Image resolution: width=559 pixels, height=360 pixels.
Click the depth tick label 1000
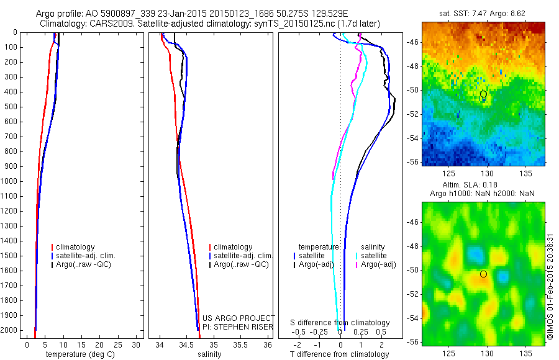(x=9, y=181)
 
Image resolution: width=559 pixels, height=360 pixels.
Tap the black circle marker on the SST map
(x=484, y=94)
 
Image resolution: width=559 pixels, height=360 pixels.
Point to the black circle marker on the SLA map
(x=484, y=274)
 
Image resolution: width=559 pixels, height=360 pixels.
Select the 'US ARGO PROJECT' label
(x=238, y=318)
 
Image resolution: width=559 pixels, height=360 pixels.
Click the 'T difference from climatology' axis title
(x=339, y=354)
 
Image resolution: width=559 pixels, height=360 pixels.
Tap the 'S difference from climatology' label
(x=340, y=323)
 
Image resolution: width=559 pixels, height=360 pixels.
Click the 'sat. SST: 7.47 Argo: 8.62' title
(x=482, y=12)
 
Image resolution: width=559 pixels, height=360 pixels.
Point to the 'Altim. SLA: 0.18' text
(x=482, y=185)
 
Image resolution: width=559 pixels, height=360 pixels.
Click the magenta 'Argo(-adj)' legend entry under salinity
(x=378, y=264)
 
